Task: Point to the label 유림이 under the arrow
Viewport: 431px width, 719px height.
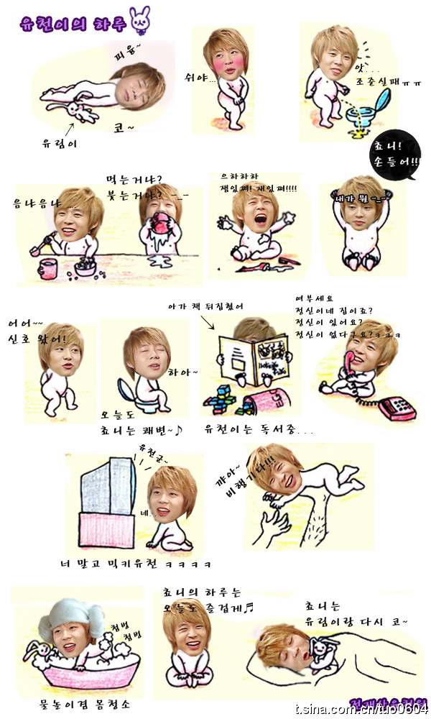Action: coord(60,143)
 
